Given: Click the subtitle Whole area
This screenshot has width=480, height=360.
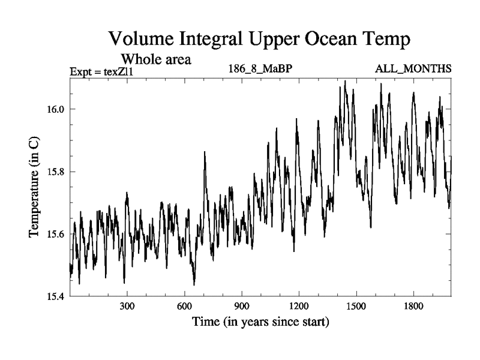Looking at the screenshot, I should (157, 59).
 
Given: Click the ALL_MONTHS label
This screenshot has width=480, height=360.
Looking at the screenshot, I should (413, 70).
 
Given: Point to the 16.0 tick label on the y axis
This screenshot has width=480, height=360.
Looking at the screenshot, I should (55, 109).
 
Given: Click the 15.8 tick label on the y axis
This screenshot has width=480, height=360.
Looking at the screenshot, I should (55, 172).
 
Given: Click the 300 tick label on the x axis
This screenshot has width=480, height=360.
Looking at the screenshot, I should (127, 306).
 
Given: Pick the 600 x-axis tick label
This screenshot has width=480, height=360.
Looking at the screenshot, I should (184, 306).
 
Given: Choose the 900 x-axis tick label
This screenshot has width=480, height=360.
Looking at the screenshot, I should (242, 306).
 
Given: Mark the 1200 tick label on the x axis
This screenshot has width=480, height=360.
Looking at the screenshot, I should (299, 306).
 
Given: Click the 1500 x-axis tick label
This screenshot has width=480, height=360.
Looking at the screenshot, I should (356, 306).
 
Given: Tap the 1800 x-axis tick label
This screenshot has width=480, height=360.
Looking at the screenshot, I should (413, 306).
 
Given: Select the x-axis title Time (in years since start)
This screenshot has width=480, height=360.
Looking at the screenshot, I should (260, 322).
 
